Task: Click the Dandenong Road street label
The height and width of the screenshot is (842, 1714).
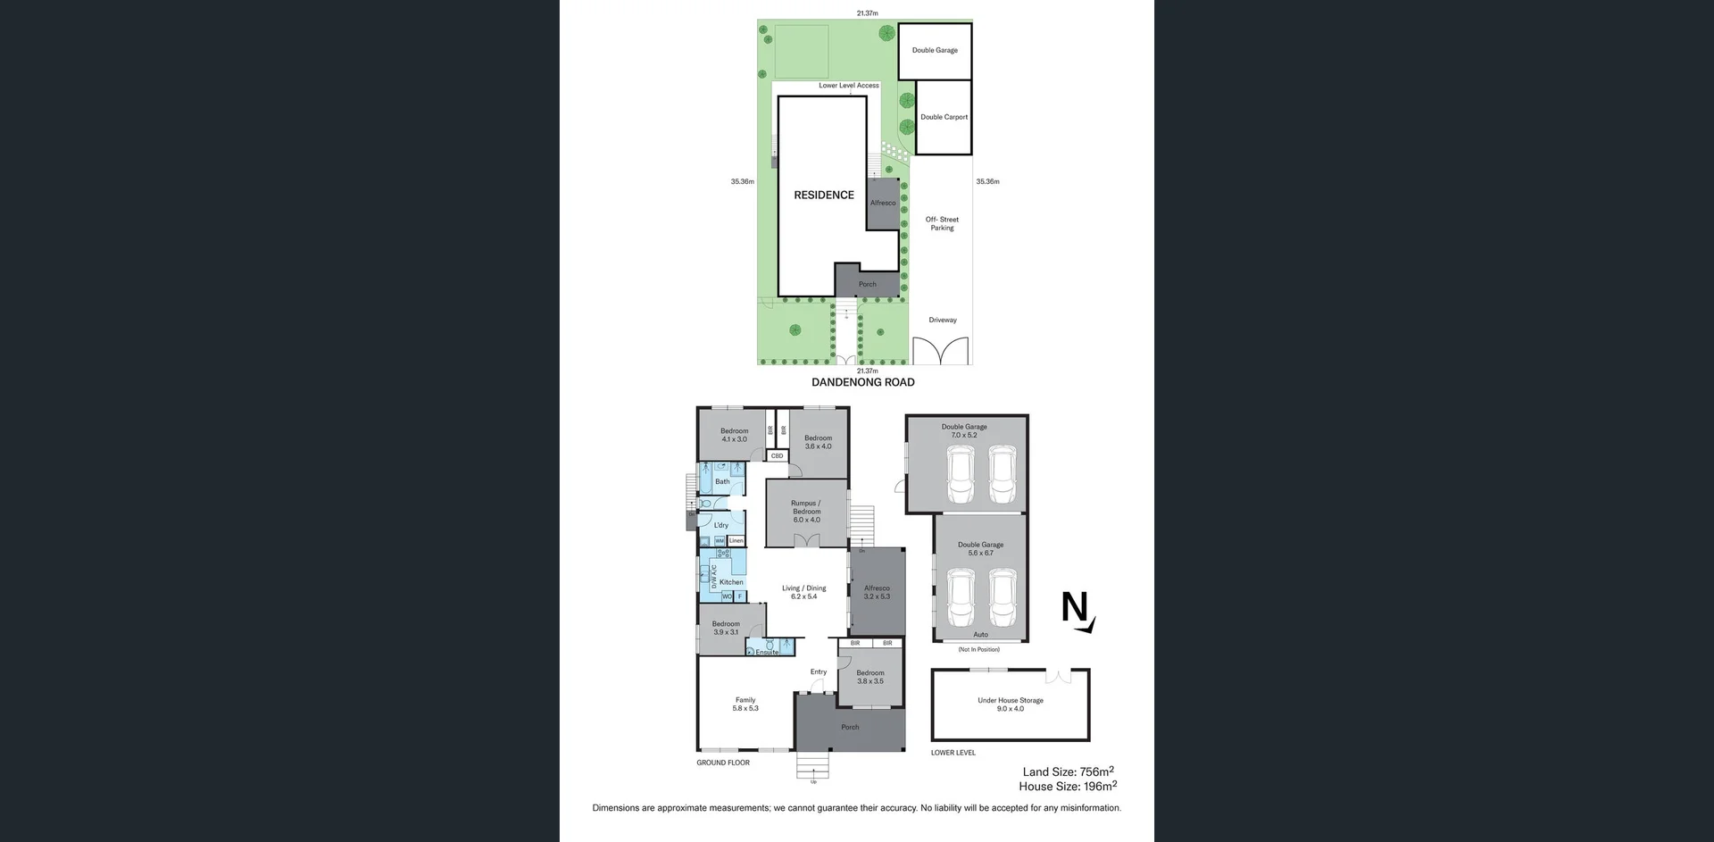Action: (862, 382)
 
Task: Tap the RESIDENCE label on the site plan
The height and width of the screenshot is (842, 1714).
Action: (823, 195)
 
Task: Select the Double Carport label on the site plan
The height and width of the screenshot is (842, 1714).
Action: (944, 117)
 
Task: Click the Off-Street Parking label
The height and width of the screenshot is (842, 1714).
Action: (942, 223)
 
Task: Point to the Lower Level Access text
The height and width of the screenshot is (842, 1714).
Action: (848, 86)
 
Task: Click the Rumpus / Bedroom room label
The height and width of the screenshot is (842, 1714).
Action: (805, 511)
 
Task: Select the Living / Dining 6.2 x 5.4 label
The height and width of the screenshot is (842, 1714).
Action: (803, 592)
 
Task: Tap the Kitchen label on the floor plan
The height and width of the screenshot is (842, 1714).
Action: (731, 582)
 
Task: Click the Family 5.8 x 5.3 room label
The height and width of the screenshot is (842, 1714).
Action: (745, 704)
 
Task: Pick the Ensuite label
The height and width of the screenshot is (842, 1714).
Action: (767, 652)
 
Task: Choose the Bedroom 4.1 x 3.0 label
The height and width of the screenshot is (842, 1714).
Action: (734, 435)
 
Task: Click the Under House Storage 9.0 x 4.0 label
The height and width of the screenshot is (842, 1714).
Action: (1010, 704)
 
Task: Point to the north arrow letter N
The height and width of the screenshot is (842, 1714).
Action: (1075, 609)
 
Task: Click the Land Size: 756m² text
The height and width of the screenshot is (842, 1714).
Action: (1068, 771)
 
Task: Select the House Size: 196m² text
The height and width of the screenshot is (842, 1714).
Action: (1067, 787)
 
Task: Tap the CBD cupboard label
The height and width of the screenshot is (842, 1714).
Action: (777, 456)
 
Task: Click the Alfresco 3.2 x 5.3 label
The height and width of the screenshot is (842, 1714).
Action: (876, 592)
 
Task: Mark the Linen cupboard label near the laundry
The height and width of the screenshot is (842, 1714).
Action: (736, 541)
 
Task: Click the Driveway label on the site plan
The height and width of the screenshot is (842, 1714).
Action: (942, 320)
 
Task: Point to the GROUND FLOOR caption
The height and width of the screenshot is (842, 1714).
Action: (723, 763)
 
